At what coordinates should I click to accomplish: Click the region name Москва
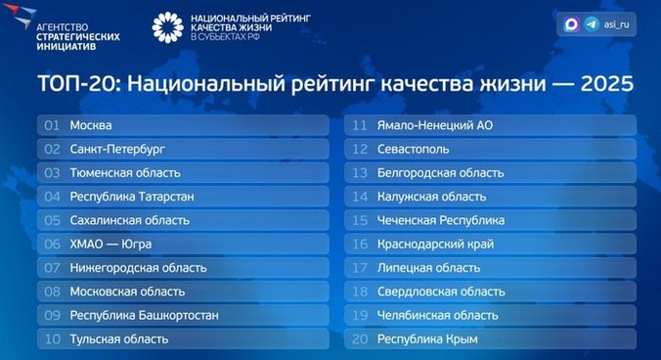click(91, 125)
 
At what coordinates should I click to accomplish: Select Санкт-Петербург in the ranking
click(117, 150)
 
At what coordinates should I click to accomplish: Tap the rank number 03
click(53, 173)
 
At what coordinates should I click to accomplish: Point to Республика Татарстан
click(132, 197)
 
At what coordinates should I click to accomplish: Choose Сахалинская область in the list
click(130, 220)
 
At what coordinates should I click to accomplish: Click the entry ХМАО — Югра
click(110, 244)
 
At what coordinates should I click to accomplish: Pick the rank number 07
click(53, 267)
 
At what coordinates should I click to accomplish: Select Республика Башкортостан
click(144, 315)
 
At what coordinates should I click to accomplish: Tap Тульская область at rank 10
click(119, 338)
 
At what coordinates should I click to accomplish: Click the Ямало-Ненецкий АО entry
click(436, 125)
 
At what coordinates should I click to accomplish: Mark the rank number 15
click(360, 220)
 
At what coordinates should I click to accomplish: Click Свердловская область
click(441, 292)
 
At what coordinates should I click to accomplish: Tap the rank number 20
click(360, 338)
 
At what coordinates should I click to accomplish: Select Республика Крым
click(423, 338)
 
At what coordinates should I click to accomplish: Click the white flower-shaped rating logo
click(168, 27)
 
